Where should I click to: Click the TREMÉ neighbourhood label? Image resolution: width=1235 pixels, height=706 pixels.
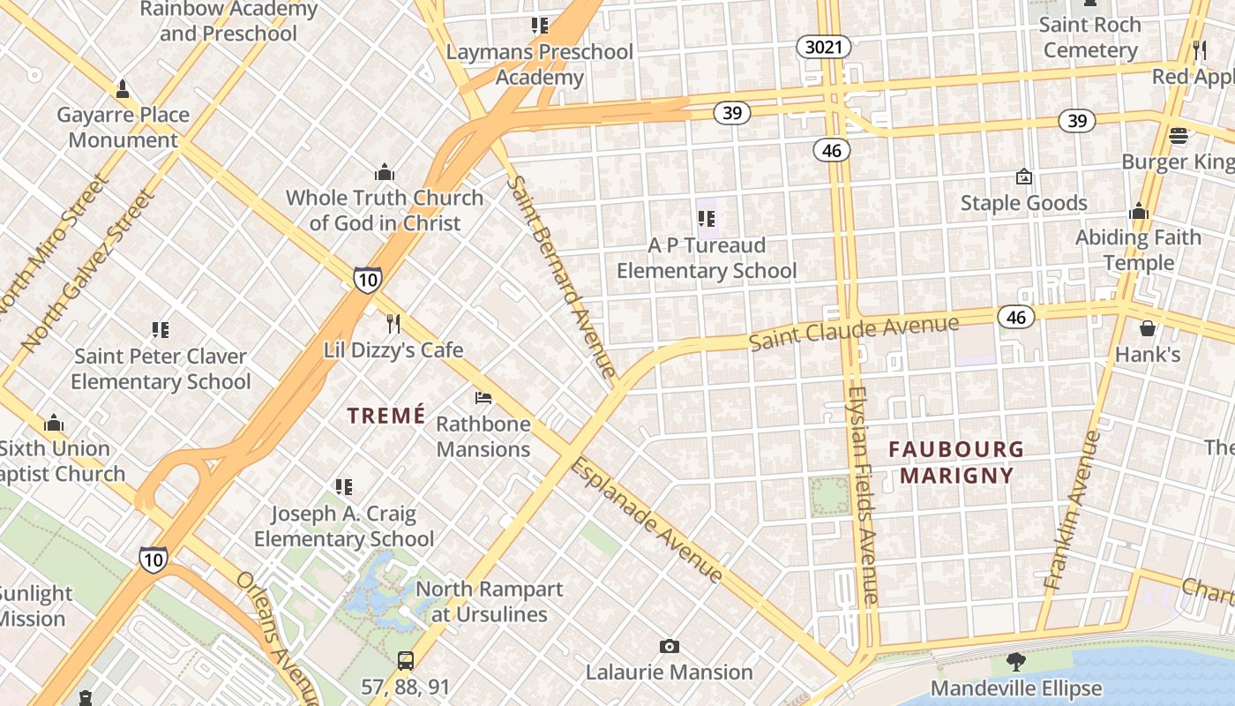pos(385,416)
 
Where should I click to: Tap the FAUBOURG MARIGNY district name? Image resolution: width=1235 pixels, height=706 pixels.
pos(956,462)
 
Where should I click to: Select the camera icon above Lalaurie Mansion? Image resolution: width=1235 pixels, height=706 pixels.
pos(670,647)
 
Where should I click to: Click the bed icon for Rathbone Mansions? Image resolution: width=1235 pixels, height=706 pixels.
pos(483,398)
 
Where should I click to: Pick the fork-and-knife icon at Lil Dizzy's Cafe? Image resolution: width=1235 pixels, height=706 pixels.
pos(393,324)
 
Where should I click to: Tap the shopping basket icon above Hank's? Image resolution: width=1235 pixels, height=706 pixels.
pos(1147,328)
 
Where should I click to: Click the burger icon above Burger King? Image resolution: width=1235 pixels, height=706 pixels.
pos(1178,136)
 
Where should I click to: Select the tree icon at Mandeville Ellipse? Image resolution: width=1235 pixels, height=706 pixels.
pos(1016,662)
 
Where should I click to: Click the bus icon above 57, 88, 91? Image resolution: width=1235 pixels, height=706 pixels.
pos(405,660)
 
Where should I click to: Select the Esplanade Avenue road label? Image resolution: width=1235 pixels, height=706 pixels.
pos(647,520)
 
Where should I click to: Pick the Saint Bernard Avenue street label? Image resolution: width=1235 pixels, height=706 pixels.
pos(561,276)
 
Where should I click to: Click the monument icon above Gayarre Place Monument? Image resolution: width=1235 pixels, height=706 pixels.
pos(123,89)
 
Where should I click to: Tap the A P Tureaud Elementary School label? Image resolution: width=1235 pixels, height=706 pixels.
pos(706,258)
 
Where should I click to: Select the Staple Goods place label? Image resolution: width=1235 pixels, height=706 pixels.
pos(1023,203)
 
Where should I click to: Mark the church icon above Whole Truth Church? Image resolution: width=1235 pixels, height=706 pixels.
pos(384,171)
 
